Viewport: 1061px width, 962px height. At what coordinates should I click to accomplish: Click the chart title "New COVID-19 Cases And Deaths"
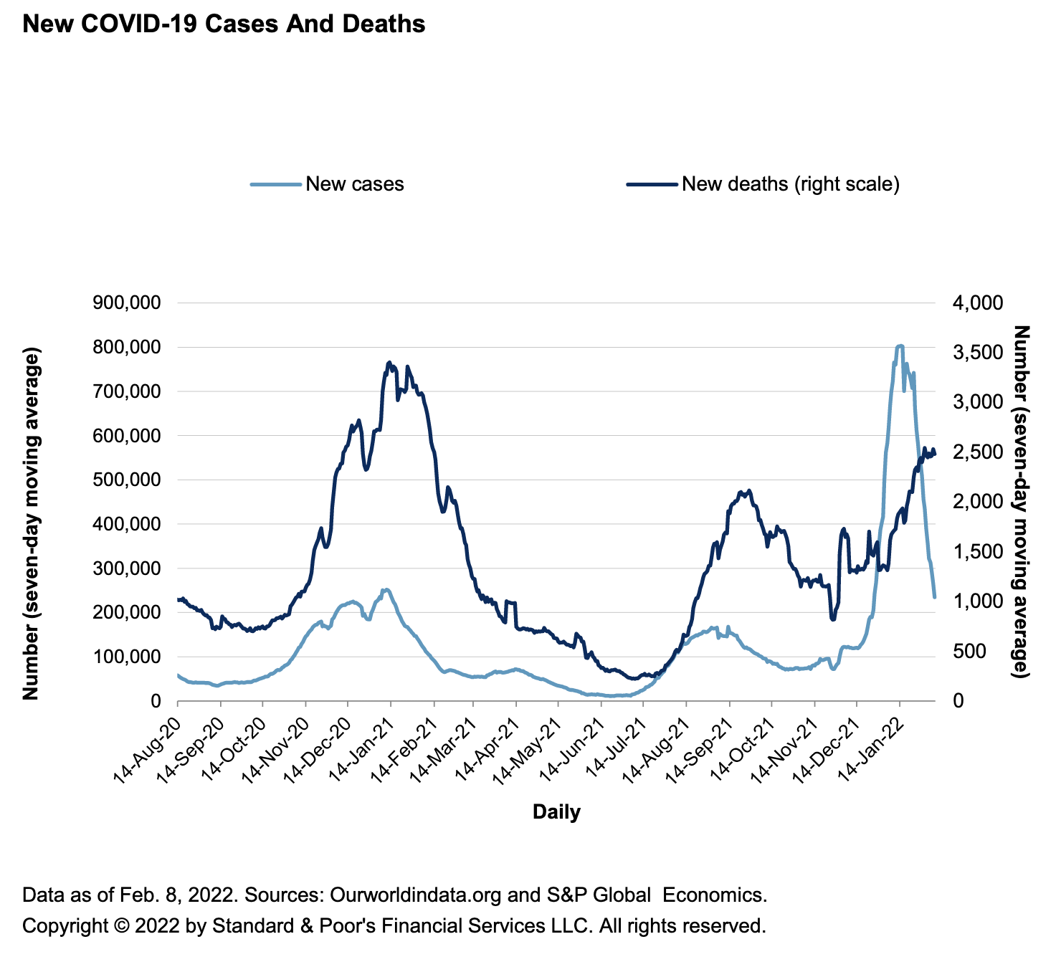click(224, 24)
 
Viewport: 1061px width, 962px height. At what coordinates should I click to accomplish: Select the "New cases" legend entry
click(354, 184)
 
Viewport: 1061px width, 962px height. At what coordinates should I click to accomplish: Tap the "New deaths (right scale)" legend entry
click(790, 184)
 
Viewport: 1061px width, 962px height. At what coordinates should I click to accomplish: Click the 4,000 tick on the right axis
click(976, 303)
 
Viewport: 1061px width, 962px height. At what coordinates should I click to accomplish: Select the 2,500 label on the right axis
click(976, 452)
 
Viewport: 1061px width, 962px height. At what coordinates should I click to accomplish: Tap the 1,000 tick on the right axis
click(976, 601)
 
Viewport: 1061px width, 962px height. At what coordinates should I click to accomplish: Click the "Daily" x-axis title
click(556, 812)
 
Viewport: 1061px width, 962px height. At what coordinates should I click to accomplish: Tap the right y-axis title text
click(1021, 502)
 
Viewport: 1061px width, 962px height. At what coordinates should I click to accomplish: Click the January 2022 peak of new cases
click(900, 346)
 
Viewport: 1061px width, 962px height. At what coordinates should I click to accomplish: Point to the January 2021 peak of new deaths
click(389, 363)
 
